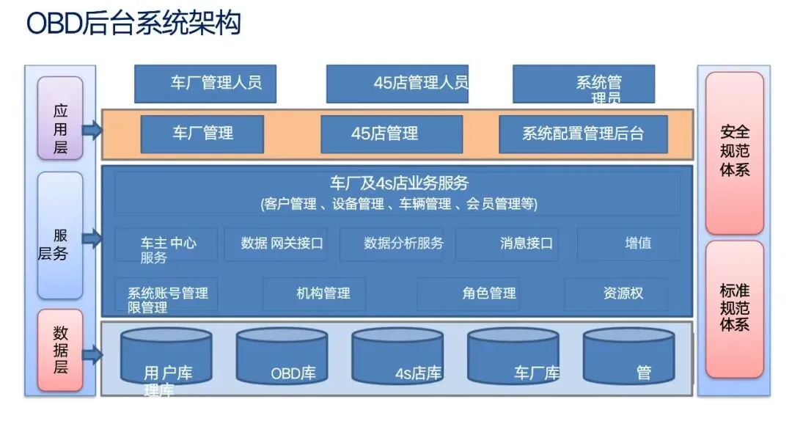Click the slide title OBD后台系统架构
[x=133, y=23]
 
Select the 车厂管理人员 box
[x=205, y=84]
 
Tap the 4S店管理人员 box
[x=397, y=84]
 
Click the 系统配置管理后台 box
[x=583, y=134]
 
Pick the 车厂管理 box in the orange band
[x=202, y=134]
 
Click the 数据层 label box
[x=60, y=350]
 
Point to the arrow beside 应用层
[x=92, y=131]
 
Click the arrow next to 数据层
[x=92, y=356]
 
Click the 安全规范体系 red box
[x=734, y=153]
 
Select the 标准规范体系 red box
[x=734, y=309]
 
